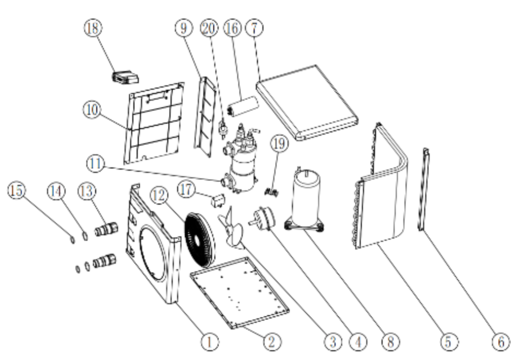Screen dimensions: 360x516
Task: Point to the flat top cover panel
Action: tap(307, 102)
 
